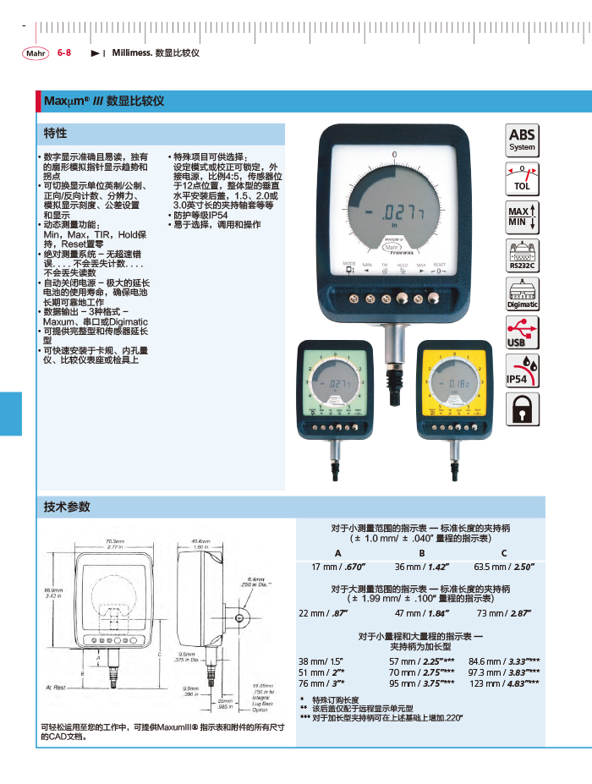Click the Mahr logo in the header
tap(36, 52)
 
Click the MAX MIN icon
tap(522, 217)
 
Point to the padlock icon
tap(522, 410)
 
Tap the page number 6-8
tap(64, 52)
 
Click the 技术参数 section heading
tap(67, 507)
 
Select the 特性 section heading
tap(56, 134)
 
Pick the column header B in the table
tap(421, 553)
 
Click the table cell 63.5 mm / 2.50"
tap(504, 567)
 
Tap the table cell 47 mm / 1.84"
tap(421, 613)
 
